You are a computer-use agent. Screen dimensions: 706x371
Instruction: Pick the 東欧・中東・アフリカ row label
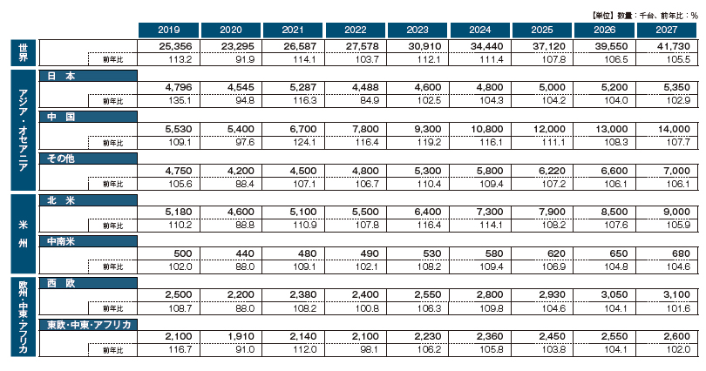(88, 324)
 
